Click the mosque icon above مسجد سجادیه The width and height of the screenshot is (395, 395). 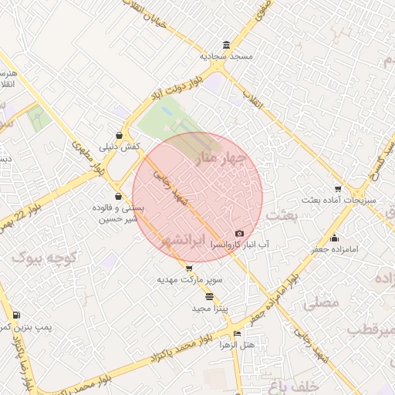tap(225, 45)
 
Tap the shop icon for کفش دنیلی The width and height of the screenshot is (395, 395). tap(118, 134)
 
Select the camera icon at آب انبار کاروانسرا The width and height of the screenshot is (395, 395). tap(239, 234)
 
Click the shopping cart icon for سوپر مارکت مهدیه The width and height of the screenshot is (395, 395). tap(190, 268)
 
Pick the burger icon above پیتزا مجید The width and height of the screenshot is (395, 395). tap(210, 296)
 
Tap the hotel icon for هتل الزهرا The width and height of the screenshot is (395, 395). tap(237, 333)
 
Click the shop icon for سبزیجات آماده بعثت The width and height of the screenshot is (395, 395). tap(338, 189)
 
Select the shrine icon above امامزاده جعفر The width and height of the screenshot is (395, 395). tap(333, 238)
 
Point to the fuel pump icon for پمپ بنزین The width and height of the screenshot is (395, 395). tap(16, 315)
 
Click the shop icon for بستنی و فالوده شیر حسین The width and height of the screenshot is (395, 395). tap(118, 196)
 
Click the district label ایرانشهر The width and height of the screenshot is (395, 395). tap(183, 242)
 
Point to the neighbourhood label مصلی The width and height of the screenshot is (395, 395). tap(322, 302)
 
